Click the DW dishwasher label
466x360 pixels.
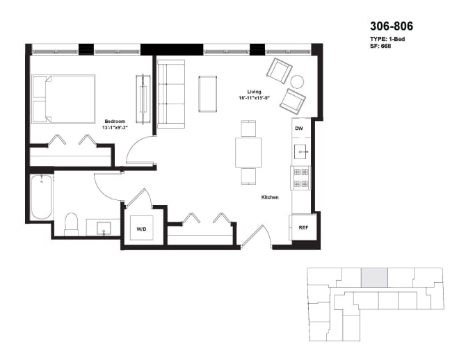[x=299, y=129]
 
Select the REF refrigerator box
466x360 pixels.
[x=303, y=227]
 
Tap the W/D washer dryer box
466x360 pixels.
[x=141, y=228]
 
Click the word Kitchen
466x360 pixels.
[x=270, y=197]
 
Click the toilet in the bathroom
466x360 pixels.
[x=71, y=224]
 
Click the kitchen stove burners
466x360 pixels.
[x=301, y=178]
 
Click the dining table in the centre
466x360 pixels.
[x=248, y=152]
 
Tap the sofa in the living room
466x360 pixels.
[x=170, y=94]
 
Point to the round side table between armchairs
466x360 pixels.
[x=297, y=81]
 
